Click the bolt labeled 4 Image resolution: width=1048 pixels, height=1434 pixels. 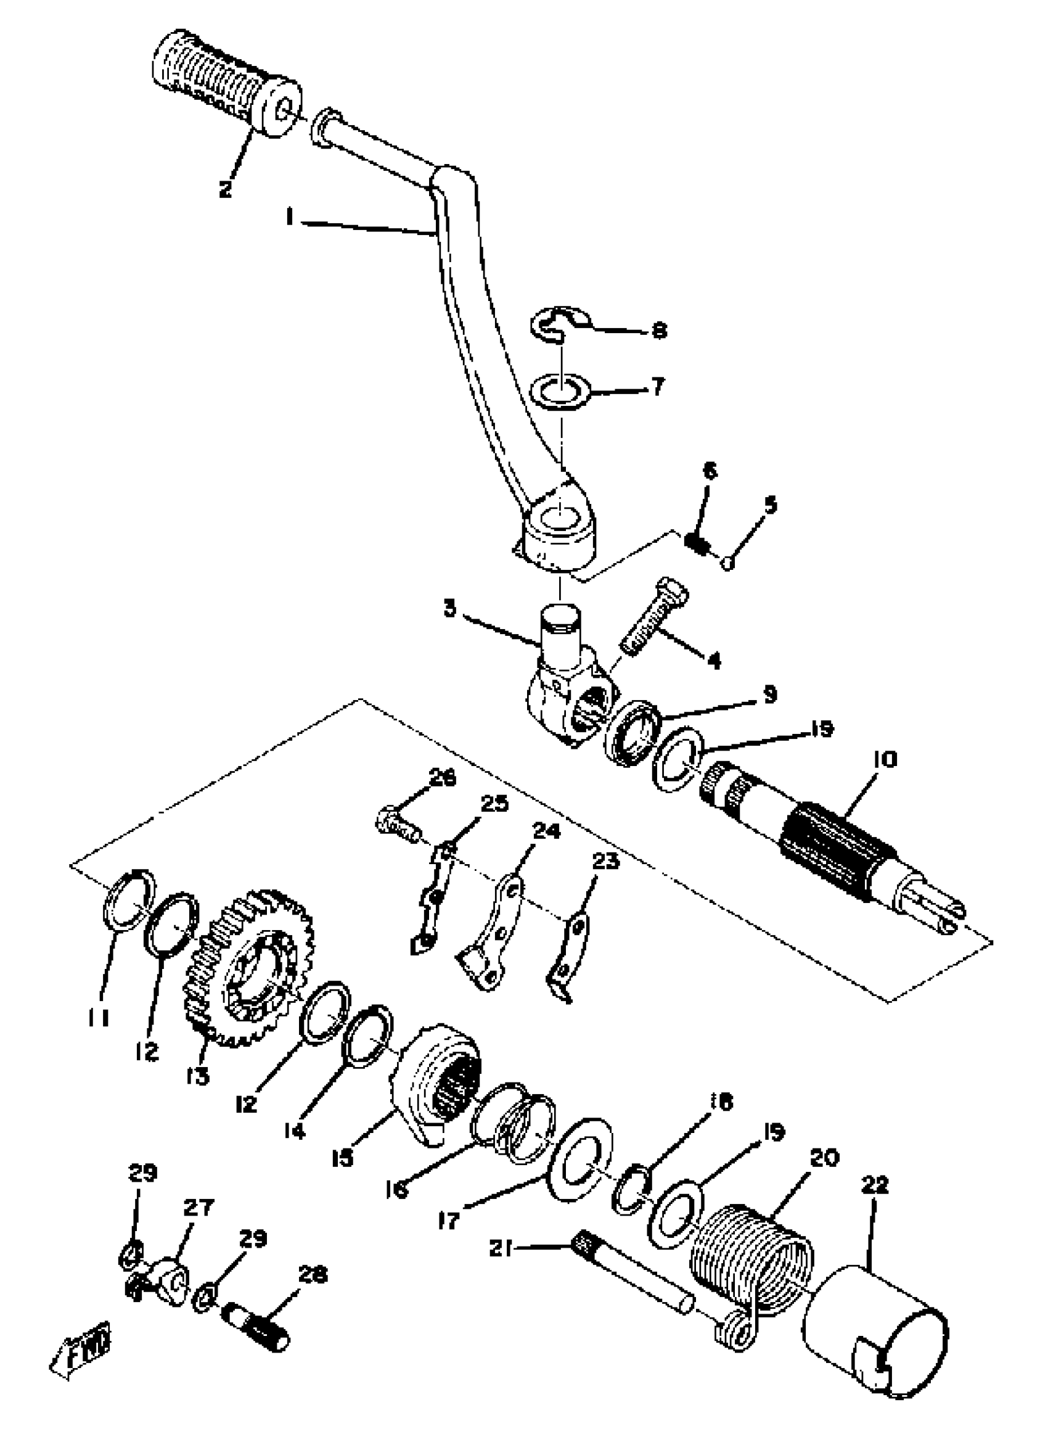(653, 616)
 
